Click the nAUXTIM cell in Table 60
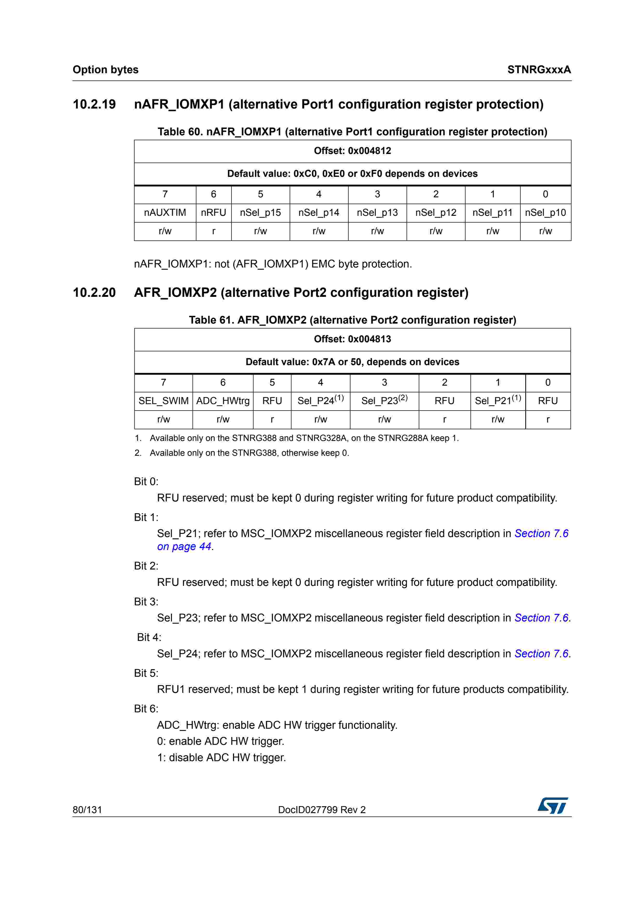[165, 213]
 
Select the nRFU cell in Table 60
[214, 213]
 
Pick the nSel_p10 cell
[545, 213]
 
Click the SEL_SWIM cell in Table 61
[163, 401]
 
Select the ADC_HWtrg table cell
[223, 401]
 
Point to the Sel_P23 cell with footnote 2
[384, 401]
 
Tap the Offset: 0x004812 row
[352, 151]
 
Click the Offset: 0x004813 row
[352, 339]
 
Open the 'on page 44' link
[184, 547]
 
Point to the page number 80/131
[87, 810]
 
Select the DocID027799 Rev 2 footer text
[322, 810]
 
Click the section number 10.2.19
[95, 104]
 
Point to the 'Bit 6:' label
[146, 709]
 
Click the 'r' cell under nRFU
[214, 231]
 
